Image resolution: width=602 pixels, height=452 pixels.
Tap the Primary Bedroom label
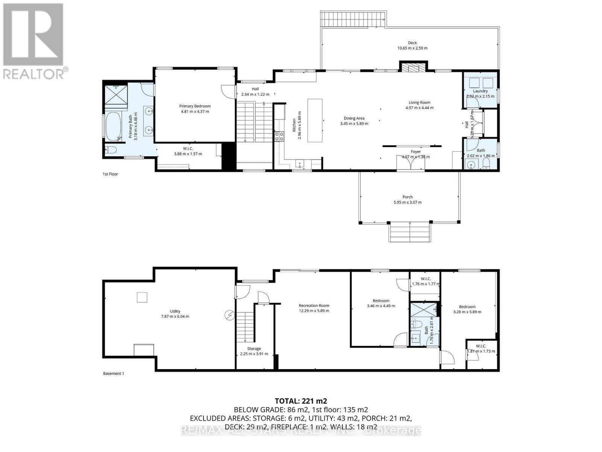pyautogui.click(x=195, y=106)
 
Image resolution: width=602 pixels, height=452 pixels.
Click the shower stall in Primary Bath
pyautogui.click(x=116, y=93)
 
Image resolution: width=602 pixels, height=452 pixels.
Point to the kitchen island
pyautogui.click(x=315, y=120)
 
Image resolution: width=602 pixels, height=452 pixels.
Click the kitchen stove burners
pyautogui.click(x=279, y=136)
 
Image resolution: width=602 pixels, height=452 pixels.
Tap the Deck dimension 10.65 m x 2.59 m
pyautogui.click(x=412, y=48)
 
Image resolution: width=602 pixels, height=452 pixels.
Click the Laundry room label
pyautogui.click(x=480, y=91)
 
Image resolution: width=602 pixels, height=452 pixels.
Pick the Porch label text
pyautogui.click(x=407, y=197)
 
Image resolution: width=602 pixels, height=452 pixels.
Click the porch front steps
pyautogui.click(x=410, y=232)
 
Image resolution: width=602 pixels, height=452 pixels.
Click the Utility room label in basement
pyautogui.click(x=175, y=311)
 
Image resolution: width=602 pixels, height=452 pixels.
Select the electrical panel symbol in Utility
pyautogui.click(x=229, y=315)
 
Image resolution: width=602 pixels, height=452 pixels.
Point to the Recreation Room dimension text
pyautogui.click(x=314, y=311)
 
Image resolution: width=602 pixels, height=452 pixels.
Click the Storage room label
pyautogui.click(x=254, y=349)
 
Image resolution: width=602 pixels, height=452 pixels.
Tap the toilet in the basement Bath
pyautogui.click(x=416, y=324)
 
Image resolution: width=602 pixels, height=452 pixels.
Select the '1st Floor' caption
pyautogui.click(x=110, y=174)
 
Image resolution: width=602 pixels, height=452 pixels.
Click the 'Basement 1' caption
pyautogui.click(x=113, y=374)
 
